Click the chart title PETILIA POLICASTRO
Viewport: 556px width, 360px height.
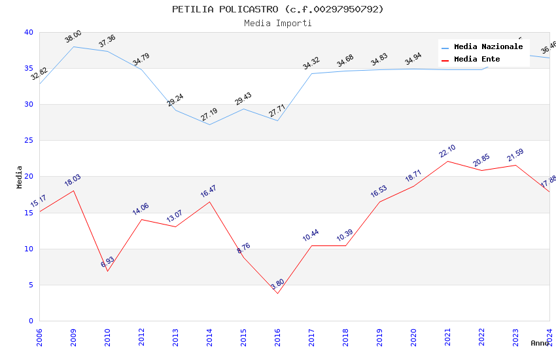pos(278,9)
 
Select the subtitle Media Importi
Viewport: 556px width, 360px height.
pos(278,23)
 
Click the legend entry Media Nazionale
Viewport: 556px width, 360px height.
pos(488,47)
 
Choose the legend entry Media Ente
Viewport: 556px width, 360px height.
pos(477,60)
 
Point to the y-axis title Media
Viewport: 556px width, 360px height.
pos(20,177)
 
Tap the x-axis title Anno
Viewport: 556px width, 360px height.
pos(540,343)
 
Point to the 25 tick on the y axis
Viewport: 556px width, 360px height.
pos(29,141)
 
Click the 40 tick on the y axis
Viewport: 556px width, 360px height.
pos(29,32)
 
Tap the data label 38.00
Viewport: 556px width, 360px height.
pos(73,37)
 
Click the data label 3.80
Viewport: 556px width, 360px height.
pos(277,285)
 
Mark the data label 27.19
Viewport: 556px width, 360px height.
pos(209,115)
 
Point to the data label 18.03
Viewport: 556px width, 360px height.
pos(73,181)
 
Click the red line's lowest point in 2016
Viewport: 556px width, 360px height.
pos(277,293)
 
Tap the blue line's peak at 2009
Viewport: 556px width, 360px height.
pos(73,46)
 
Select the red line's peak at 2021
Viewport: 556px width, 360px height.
pos(447,161)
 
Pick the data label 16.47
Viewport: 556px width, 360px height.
pos(209,192)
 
